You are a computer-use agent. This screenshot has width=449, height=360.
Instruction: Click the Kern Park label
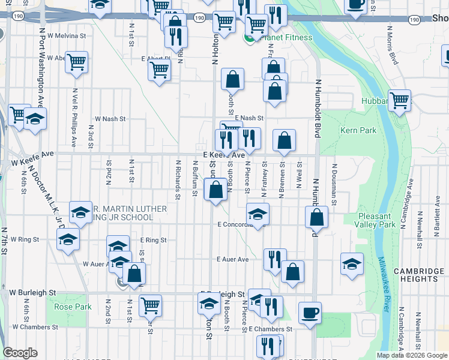358,130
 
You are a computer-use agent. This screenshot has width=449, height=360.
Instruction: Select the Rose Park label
73,307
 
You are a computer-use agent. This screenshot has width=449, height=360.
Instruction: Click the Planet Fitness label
285,38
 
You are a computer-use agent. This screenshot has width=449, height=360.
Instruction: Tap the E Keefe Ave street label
224,155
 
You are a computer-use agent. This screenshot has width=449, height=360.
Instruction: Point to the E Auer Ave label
232,260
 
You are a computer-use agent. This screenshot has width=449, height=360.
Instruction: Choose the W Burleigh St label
32,293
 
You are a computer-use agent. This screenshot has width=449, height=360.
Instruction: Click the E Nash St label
249,118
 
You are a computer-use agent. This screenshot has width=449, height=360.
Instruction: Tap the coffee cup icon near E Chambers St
310,313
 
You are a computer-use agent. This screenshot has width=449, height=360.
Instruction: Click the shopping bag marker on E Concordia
316,217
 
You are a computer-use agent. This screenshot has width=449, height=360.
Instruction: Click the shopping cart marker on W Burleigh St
150,305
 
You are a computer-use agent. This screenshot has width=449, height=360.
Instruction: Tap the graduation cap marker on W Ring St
68,240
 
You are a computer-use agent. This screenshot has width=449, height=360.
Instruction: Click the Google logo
20,353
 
